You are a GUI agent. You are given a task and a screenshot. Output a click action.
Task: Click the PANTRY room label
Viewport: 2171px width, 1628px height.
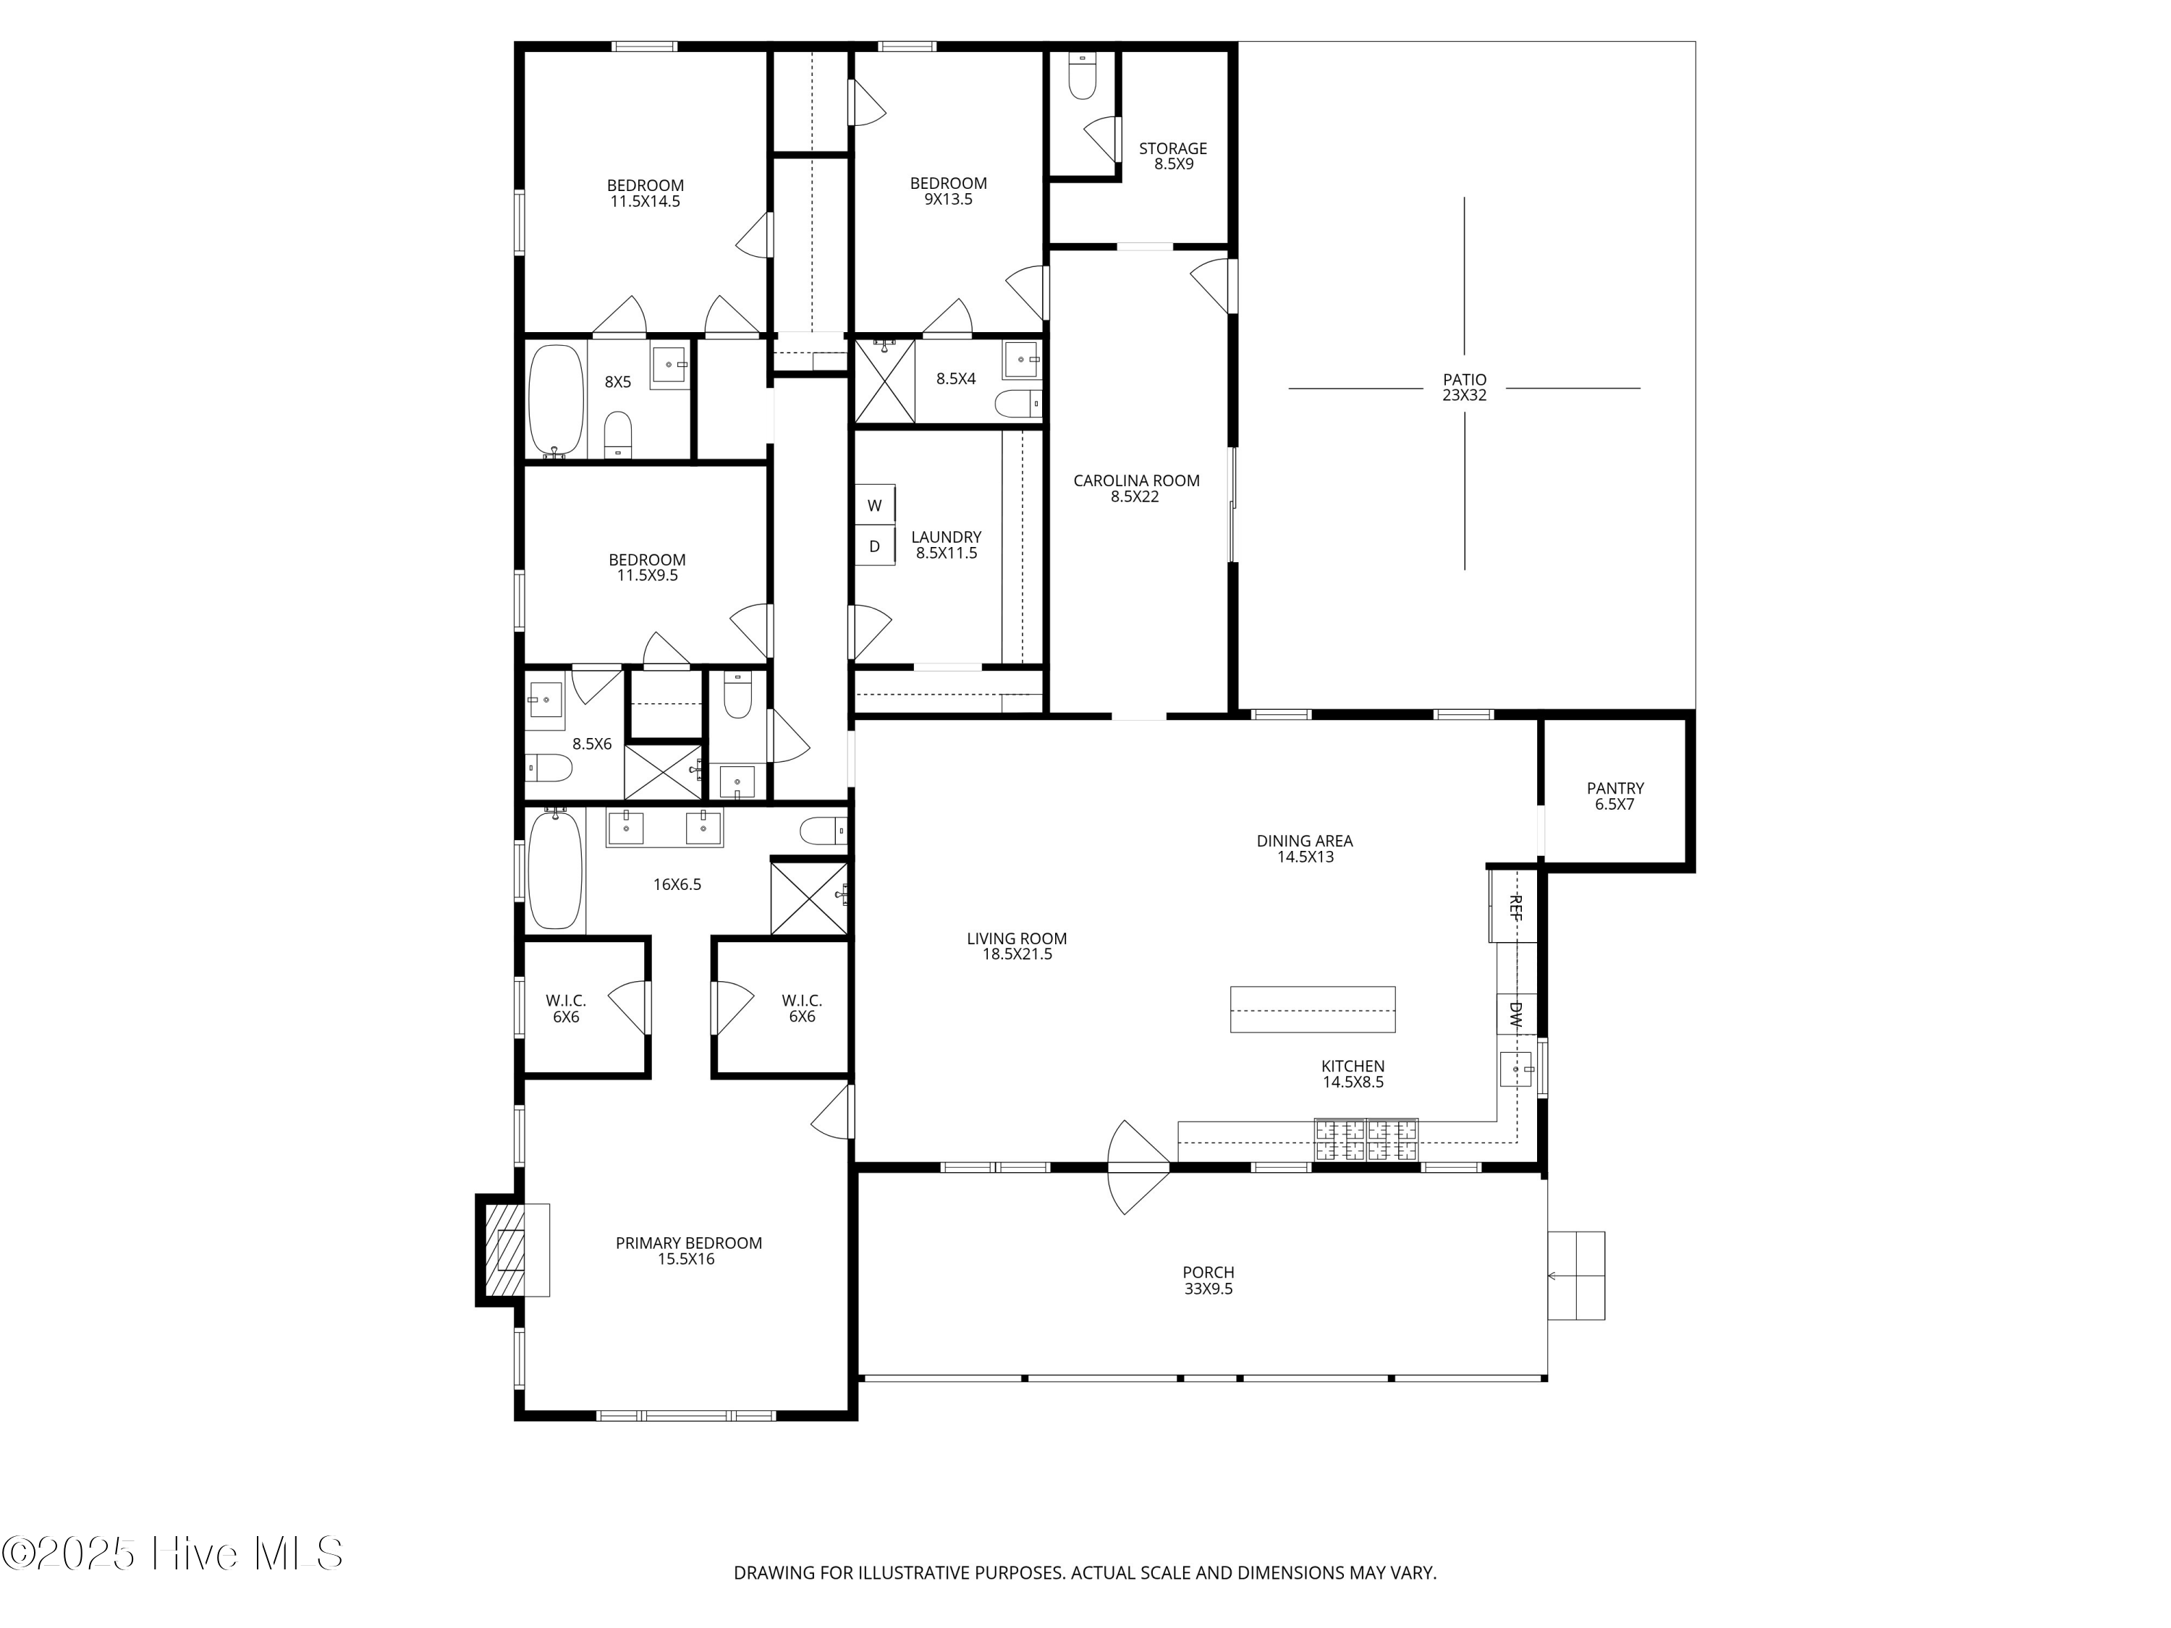[x=1615, y=788]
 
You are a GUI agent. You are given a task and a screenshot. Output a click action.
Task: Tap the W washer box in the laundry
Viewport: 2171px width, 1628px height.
[x=874, y=505]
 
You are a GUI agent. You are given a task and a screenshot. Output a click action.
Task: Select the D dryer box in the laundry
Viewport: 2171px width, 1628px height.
[x=874, y=546]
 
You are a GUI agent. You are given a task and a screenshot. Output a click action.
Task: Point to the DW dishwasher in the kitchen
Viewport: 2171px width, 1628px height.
[x=1515, y=1014]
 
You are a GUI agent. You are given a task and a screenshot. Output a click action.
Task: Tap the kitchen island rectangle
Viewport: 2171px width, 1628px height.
[x=1312, y=1009]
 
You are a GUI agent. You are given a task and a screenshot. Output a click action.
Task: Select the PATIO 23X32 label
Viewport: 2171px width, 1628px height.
[x=1465, y=388]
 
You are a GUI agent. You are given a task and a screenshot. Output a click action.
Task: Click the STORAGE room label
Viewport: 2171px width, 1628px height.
[x=1173, y=148]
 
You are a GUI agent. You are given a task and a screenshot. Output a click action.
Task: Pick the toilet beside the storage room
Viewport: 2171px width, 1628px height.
[x=1082, y=75]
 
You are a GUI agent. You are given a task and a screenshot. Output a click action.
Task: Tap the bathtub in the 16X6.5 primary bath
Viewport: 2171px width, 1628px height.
[x=556, y=868]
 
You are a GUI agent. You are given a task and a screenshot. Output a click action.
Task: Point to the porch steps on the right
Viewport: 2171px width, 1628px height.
[x=1576, y=1276]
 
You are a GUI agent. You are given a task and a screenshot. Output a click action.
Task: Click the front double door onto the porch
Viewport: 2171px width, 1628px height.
[x=1138, y=1168]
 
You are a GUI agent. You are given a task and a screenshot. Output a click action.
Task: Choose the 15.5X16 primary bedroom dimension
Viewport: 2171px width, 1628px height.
[x=686, y=1259]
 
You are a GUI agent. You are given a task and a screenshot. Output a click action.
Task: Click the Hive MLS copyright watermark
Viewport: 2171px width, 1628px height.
[x=173, y=1553]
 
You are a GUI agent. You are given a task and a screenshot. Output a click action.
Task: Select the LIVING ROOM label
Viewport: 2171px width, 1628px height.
[x=1017, y=938]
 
